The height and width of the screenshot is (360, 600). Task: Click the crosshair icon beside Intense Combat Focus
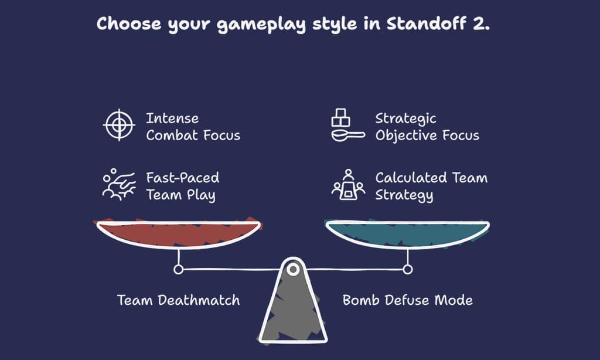pyautogui.click(x=119, y=124)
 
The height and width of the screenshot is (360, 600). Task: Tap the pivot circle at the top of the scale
pyautogui.click(x=292, y=269)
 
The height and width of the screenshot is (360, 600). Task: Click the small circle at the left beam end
pyautogui.click(x=178, y=269)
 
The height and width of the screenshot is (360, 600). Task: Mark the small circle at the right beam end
pyautogui.click(x=408, y=269)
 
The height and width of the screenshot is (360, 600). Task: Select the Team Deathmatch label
pyautogui.click(x=178, y=300)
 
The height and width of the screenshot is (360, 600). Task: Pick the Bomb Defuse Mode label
pyautogui.click(x=407, y=300)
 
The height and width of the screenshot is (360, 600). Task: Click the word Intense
pyautogui.click(x=172, y=118)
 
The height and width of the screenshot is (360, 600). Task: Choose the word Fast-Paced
pyautogui.click(x=182, y=178)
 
